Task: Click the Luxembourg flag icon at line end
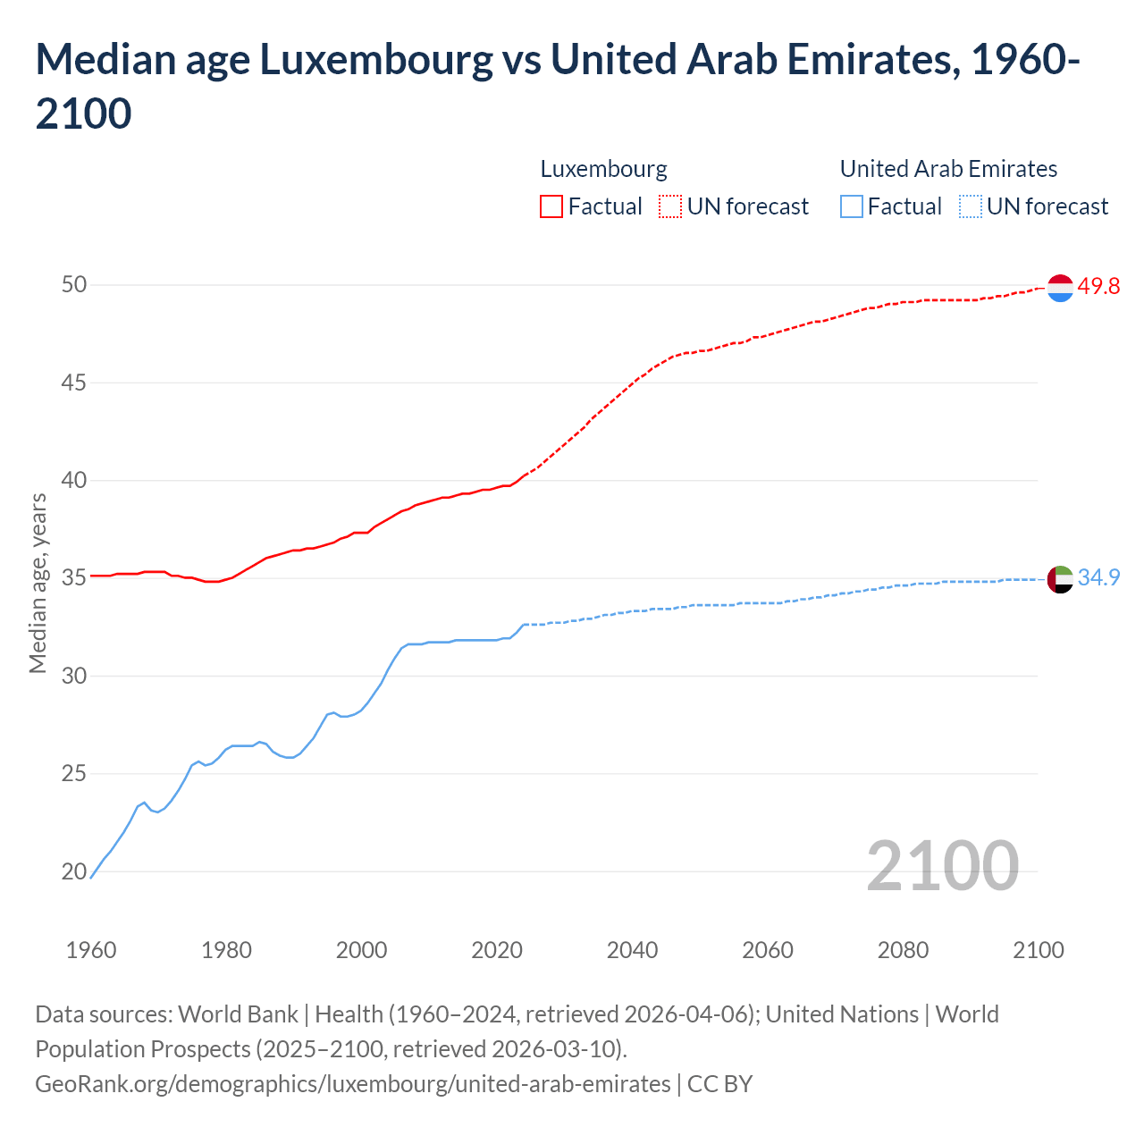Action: click(1059, 288)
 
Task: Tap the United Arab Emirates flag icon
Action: click(1059, 579)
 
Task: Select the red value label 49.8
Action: click(1098, 286)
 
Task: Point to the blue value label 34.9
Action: click(1098, 577)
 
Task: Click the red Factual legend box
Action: click(551, 206)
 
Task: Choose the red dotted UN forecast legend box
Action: click(670, 206)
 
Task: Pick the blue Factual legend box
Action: click(852, 206)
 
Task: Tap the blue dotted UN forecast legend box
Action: click(970, 206)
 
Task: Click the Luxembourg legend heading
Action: click(603, 169)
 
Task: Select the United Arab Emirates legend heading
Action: click(948, 169)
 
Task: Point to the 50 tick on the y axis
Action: click(74, 285)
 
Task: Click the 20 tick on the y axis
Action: click(74, 871)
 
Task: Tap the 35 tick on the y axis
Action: click(74, 578)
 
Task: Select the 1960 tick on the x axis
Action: click(91, 950)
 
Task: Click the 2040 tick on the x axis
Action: click(632, 950)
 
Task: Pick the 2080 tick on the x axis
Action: click(903, 950)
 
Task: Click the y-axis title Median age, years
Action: click(38, 582)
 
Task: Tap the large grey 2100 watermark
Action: click(942, 865)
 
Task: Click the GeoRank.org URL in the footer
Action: click(352, 1084)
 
